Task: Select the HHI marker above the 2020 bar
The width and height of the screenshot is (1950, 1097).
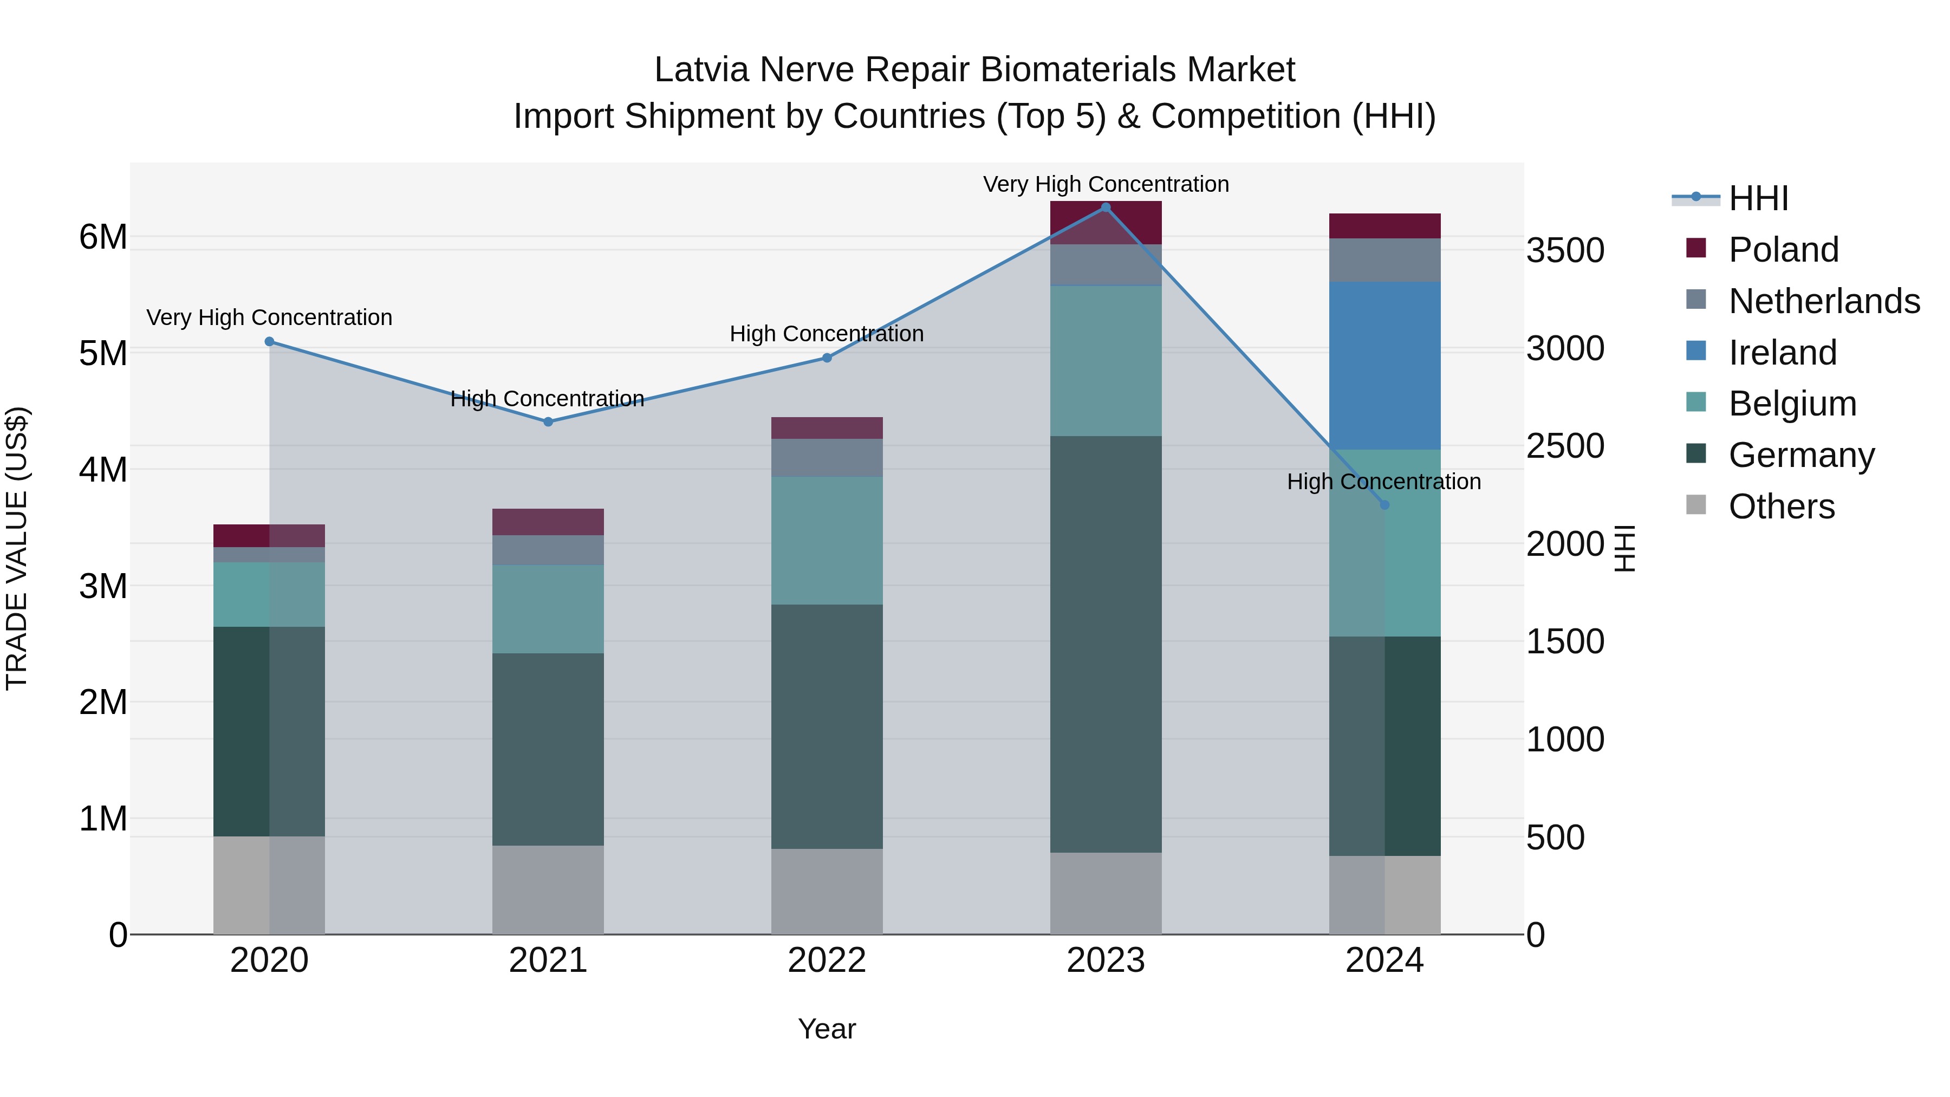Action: pos(270,341)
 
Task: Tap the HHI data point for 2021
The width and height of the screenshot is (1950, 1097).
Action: pos(548,421)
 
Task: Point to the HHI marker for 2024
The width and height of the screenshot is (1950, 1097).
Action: pos(1384,505)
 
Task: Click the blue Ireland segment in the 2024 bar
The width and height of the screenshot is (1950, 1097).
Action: pos(1384,366)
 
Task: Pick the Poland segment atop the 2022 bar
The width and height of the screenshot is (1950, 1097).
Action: pos(827,428)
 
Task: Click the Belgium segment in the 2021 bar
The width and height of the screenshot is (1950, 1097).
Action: pos(548,609)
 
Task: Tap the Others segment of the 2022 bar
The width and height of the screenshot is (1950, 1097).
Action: pos(827,891)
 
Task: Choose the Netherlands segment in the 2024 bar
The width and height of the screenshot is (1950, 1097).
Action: pos(1384,259)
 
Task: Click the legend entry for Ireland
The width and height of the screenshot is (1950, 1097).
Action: pos(1782,353)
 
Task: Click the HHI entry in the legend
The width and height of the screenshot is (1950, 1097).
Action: pos(1758,198)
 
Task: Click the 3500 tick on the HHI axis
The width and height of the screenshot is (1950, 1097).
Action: pos(1565,251)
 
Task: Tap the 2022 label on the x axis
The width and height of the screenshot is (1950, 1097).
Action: pos(827,960)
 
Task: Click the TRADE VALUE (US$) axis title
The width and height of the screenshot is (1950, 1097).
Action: pos(17,548)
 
